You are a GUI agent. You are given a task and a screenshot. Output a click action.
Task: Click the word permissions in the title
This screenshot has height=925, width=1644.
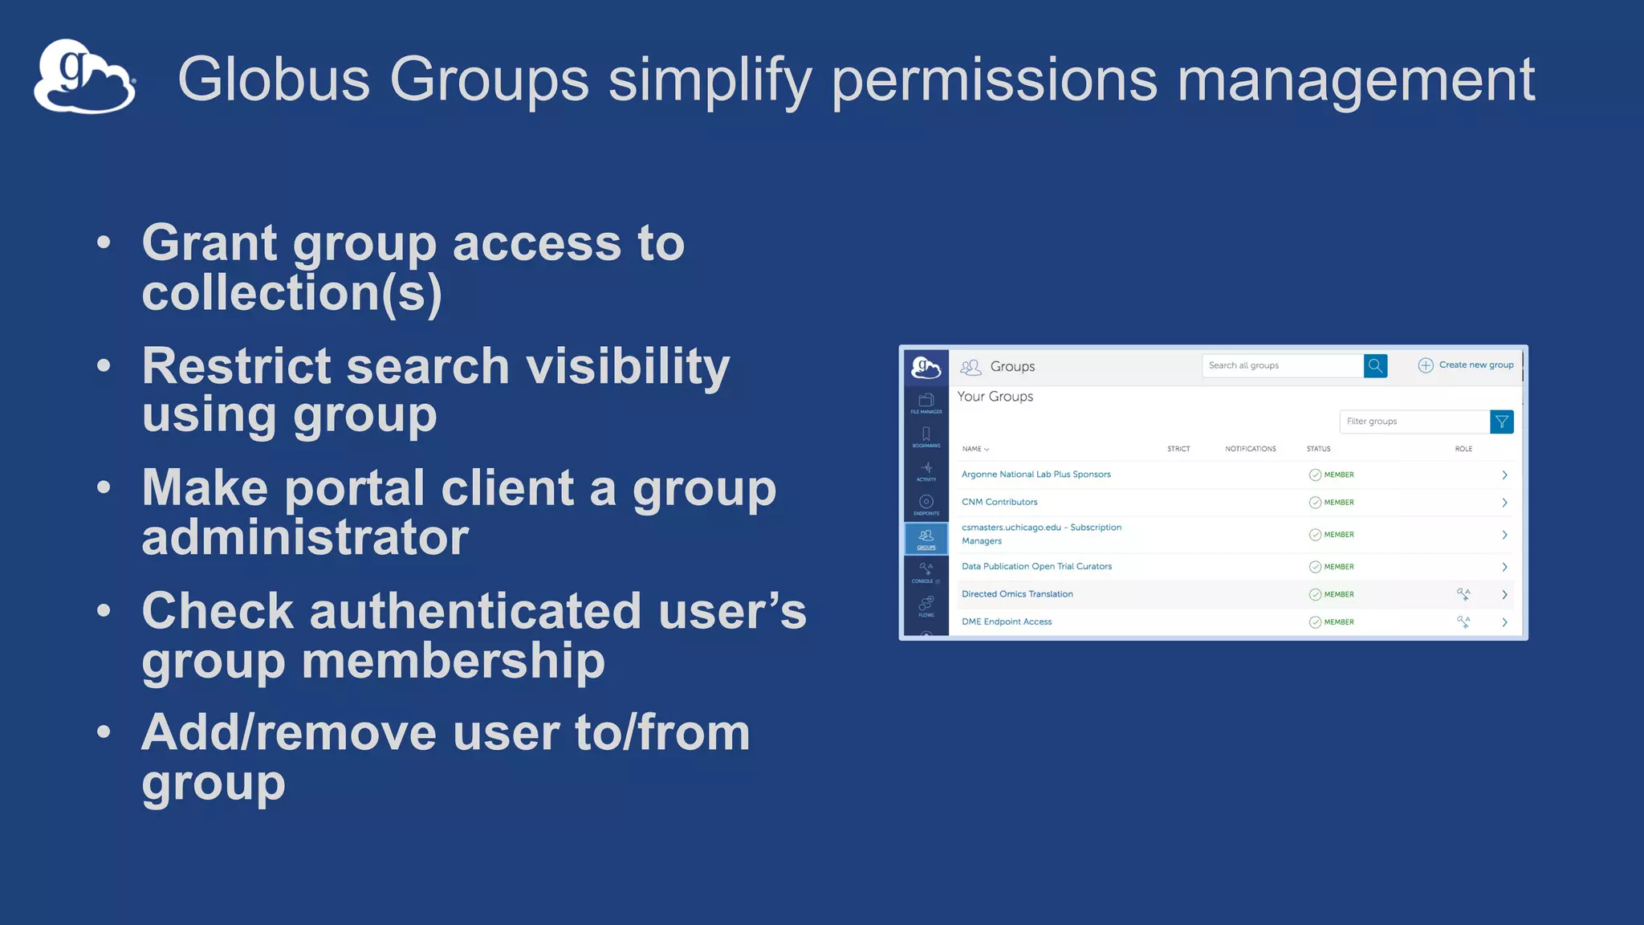(994, 79)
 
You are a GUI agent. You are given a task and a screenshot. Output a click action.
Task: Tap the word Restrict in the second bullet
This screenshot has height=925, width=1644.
(235, 366)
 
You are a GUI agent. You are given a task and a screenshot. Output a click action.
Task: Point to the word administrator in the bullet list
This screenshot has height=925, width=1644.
(305, 537)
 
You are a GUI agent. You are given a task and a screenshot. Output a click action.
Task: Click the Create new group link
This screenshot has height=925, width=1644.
(1475, 365)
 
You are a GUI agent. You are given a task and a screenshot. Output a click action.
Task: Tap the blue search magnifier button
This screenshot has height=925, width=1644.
(1375, 366)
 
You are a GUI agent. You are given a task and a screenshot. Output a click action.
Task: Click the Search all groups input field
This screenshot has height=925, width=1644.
(1282, 366)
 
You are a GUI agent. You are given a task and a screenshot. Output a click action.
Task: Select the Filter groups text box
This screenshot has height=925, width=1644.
(1414, 422)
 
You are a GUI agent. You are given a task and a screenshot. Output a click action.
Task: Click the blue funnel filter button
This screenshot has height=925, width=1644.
(1501, 422)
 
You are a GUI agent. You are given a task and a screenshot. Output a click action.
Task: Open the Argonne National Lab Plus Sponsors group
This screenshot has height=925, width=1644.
(1036, 475)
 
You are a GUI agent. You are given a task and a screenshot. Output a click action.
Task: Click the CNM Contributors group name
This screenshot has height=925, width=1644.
(999, 503)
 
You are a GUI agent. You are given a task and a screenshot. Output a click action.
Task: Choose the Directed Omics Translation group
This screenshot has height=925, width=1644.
(1017, 594)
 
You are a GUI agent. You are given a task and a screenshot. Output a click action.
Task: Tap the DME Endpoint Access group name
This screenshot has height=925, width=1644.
(1007, 622)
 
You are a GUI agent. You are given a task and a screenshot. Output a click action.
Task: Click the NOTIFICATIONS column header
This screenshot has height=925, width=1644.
(1250, 449)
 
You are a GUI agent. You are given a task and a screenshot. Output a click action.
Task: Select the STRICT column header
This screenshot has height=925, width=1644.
(1178, 449)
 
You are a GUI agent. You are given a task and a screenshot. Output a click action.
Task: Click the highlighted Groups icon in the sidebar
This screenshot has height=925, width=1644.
(926, 538)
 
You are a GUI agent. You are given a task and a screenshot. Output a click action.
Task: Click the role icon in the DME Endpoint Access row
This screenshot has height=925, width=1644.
(1463, 621)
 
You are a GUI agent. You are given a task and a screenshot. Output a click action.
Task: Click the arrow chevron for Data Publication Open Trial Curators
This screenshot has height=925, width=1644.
(1504, 567)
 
